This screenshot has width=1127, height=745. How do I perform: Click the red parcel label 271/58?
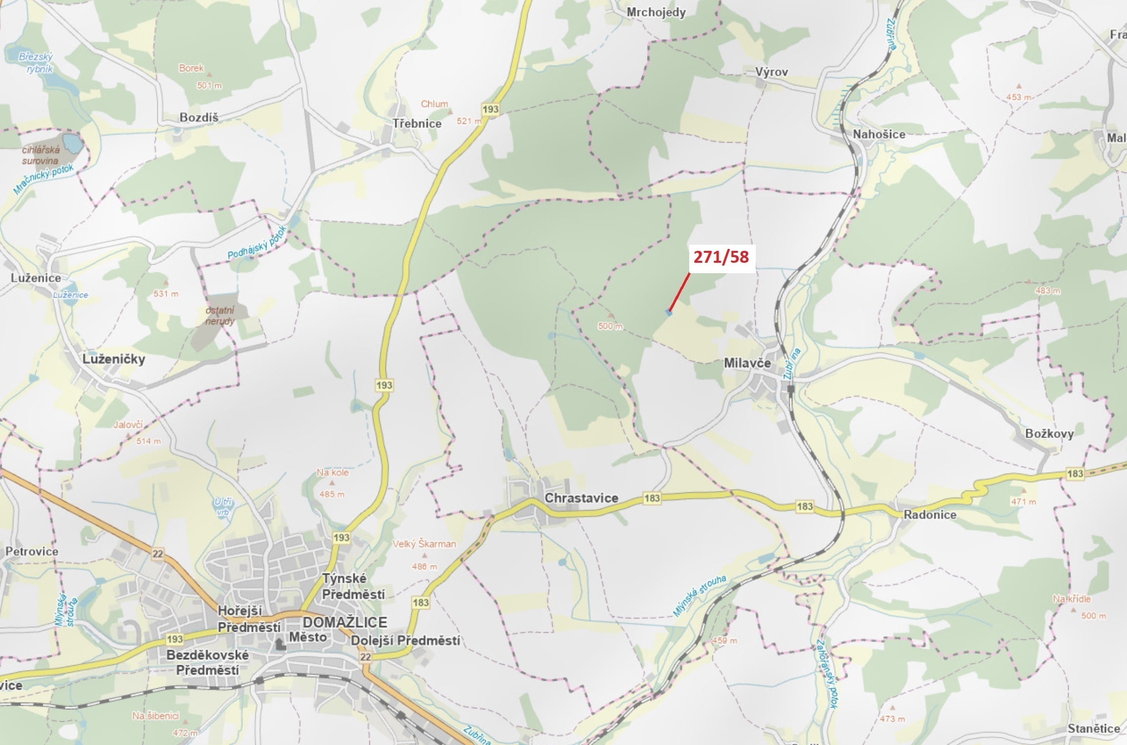(721, 257)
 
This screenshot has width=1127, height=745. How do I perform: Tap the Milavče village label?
(747, 363)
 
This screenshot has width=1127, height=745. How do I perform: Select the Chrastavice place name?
(581, 498)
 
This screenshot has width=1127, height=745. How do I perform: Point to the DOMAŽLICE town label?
(345, 622)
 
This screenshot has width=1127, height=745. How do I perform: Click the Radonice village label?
(930, 515)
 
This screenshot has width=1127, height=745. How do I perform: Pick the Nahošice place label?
(879, 134)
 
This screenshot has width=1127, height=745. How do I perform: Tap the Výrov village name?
(771, 72)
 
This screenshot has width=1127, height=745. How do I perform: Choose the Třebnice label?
(417, 124)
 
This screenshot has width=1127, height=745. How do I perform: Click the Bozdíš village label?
(199, 117)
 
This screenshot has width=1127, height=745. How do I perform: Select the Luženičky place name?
(114, 359)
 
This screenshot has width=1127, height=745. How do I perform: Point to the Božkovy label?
(1049, 433)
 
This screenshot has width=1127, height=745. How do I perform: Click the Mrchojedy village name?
(656, 12)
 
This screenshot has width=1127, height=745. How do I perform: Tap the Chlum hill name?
(434, 104)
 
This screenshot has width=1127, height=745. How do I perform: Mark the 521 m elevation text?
(469, 121)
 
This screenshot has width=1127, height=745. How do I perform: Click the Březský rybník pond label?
(37, 63)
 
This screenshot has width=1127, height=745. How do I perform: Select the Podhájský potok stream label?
(257, 243)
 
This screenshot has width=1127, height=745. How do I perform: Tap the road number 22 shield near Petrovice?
(158, 553)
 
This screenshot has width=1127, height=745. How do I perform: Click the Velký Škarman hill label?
(424, 544)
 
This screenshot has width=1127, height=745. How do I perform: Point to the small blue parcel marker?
(669, 312)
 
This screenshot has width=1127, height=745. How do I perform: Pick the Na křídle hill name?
(1071, 599)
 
